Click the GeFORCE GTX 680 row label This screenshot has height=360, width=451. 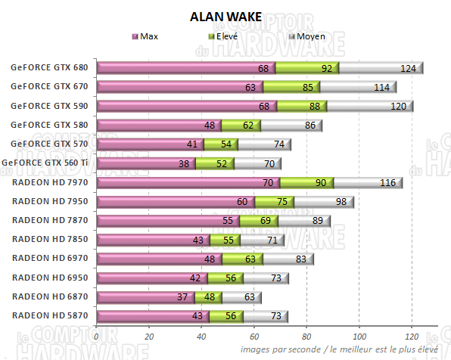(x=49, y=67)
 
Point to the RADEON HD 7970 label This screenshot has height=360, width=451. (x=49, y=182)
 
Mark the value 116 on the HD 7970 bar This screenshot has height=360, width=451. (x=389, y=183)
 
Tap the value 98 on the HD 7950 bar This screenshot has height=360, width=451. (x=342, y=202)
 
